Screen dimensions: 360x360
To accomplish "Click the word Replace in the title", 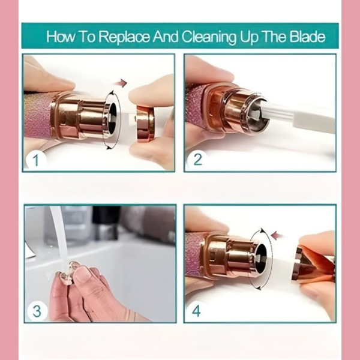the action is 124,37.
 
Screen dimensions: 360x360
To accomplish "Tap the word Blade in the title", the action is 307,36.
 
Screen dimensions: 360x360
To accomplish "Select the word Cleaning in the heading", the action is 209,37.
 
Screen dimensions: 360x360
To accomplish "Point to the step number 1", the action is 35,160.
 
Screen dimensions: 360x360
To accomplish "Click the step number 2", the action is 197,159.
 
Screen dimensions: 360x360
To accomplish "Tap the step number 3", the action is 37,311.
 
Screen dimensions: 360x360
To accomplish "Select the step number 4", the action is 196,311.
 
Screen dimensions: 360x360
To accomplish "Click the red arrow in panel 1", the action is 121,83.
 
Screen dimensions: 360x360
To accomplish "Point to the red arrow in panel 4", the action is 277,235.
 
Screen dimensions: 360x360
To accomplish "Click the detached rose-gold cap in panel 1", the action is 145,122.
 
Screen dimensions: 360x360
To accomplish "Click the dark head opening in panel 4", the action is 262,258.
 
